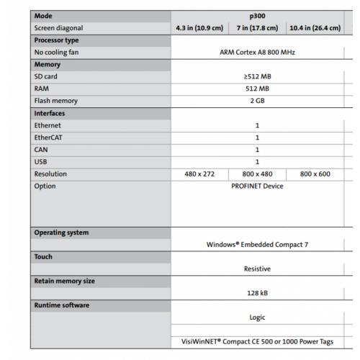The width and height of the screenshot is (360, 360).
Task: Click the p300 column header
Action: [257, 15]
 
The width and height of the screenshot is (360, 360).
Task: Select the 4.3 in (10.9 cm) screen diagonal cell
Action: [200, 28]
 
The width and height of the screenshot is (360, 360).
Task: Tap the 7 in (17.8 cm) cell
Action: [257, 28]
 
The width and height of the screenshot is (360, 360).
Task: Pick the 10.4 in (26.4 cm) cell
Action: [314, 28]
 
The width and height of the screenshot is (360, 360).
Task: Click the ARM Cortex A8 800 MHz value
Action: [257, 52]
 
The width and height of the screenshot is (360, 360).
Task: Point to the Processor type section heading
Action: [57, 40]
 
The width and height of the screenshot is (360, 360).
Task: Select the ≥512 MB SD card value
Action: [257, 76]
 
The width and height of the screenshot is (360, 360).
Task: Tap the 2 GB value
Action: [257, 101]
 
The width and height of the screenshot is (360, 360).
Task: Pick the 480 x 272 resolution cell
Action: [200, 174]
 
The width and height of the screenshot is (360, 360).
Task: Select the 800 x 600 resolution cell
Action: [314, 174]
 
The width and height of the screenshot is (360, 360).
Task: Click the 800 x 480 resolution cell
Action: [257, 174]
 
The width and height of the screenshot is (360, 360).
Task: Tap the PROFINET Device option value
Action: [257, 186]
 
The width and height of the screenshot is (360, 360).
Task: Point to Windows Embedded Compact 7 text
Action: [257, 244]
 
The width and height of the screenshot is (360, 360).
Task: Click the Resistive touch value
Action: [257, 269]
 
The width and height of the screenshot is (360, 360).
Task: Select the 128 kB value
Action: [257, 293]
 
